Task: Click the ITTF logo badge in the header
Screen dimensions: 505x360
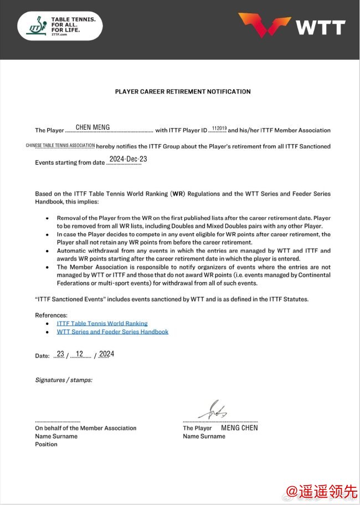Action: click(60, 26)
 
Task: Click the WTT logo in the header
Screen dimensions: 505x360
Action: click(292, 25)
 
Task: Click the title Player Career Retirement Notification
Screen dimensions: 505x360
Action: click(183, 91)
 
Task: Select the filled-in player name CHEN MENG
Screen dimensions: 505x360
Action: click(92, 127)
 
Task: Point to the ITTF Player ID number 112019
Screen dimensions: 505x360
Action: click(219, 129)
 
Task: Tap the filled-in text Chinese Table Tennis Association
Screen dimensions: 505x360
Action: click(60, 146)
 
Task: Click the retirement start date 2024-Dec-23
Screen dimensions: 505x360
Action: click(128, 160)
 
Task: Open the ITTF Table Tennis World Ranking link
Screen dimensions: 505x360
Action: click(102, 323)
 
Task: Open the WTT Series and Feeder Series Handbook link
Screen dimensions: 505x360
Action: click(112, 332)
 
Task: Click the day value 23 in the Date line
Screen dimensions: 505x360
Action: click(60, 354)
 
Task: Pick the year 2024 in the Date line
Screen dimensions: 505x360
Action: click(106, 354)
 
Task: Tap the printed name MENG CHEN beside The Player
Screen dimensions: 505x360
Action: click(239, 428)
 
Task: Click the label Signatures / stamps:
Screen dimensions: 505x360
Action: click(64, 380)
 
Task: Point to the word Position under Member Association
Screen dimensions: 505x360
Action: click(46, 445)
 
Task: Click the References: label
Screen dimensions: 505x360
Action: click(52, 315)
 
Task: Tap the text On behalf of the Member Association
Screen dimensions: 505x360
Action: click(85, 428)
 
